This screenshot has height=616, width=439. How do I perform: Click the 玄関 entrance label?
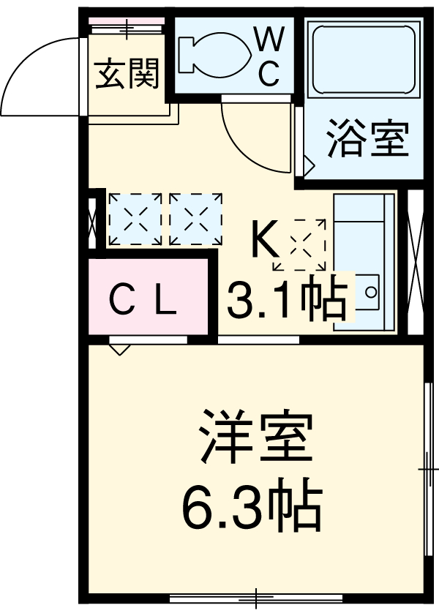[128, 75]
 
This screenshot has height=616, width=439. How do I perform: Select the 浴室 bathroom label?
[367, 140]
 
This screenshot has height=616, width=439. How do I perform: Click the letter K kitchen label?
[265, 239]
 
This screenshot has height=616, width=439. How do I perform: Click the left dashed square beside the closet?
[135, 218]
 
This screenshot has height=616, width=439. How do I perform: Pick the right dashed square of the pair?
[195, 218]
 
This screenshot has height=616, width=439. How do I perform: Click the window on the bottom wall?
[256, 598]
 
